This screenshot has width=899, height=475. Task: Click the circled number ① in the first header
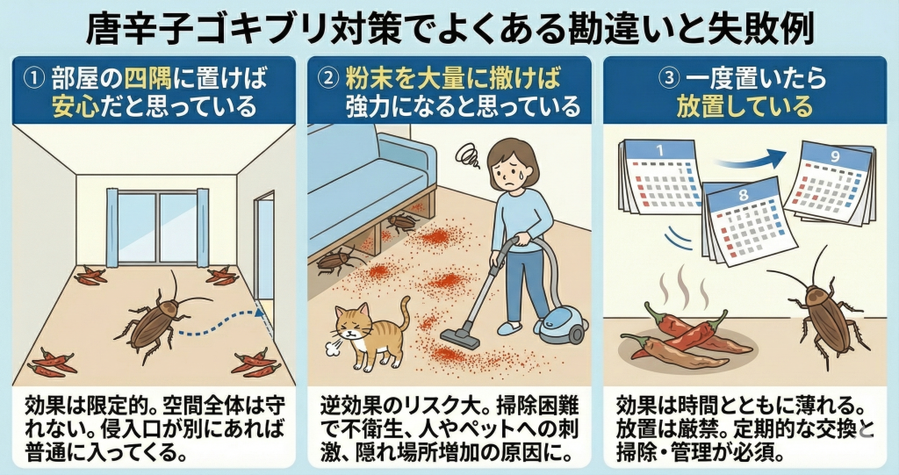(32, 77)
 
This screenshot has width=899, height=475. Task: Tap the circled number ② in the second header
(327, 77)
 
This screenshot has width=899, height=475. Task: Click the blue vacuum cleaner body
(563, 325)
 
